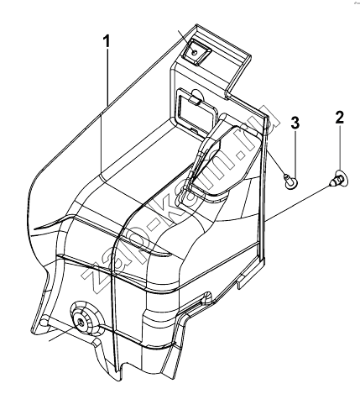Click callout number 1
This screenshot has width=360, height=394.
click(x=107, y=43)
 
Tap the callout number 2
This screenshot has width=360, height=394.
click(x=340, y=118)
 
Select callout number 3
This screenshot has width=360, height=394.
click(x=295, y=123)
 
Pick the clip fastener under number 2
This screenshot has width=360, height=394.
click(x=339, y=178)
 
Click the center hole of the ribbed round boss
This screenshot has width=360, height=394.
click(x=80, y=322)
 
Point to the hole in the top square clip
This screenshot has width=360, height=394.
click(x=195, y=52)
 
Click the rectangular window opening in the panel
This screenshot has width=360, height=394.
click(x=194, y=111)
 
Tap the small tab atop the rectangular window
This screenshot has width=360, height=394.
click(x=195, y=99)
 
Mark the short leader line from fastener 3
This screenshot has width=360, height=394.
click(x=277, y=164)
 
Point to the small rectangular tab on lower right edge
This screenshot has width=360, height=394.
click(x=243, y=281)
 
